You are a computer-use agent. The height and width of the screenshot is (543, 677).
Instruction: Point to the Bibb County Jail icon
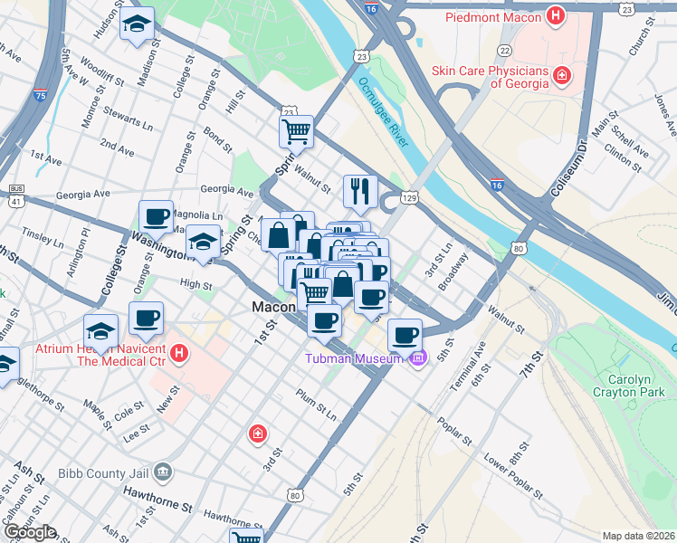[162, 471]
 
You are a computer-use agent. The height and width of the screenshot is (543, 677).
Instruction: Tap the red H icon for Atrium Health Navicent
[179, 353]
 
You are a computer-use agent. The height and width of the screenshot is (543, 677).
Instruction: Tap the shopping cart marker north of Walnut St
[296, 132]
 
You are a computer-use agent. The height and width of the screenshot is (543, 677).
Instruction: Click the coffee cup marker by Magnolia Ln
[156, 218]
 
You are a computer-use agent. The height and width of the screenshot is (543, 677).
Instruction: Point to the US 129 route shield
[409, 197]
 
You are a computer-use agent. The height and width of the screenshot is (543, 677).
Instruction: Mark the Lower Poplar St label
[511, 479]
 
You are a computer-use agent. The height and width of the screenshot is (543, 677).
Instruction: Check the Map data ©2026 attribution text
[638, 536]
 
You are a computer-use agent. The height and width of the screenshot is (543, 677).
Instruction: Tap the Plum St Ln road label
[316, 405]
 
